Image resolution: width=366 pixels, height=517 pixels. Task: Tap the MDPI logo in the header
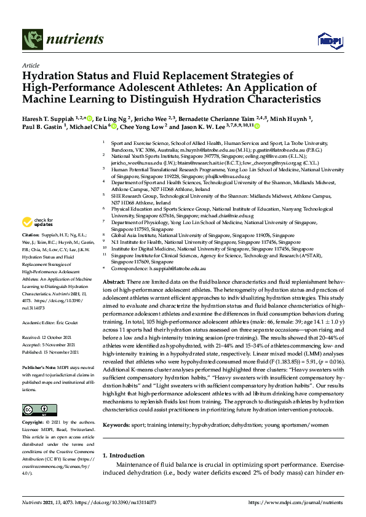[329, 41]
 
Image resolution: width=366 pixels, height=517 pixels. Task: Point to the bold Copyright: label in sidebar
[33, 406]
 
